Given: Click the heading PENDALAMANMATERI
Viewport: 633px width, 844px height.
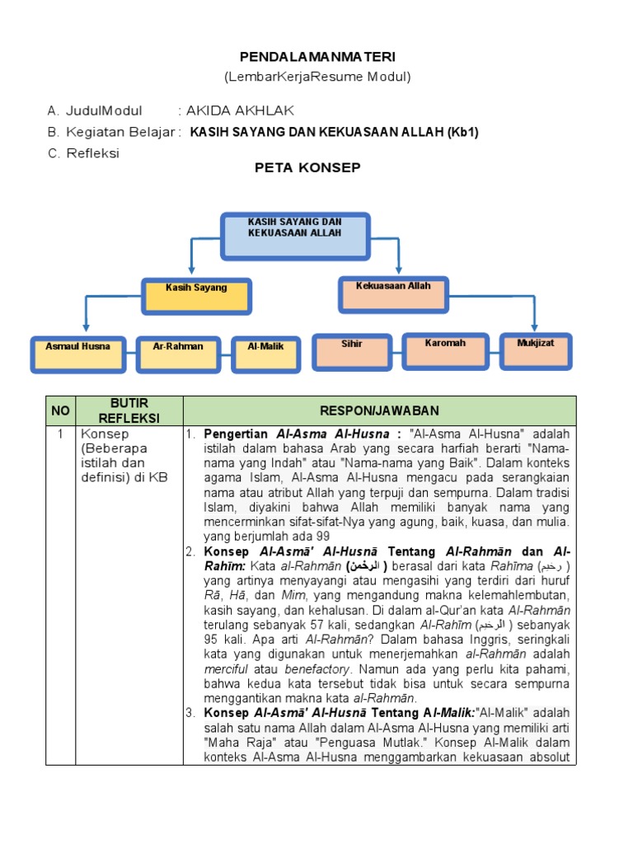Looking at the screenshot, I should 317,56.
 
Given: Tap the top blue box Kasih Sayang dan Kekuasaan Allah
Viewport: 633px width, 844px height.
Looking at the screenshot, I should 294,236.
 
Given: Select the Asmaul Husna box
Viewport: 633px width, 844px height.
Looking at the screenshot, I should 77,353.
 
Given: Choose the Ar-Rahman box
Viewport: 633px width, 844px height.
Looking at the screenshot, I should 178,353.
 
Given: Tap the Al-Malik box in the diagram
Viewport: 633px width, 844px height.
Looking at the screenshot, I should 265,353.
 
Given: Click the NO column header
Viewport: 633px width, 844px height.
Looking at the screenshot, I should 61,410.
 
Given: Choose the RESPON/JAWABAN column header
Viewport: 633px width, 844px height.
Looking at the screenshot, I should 380,410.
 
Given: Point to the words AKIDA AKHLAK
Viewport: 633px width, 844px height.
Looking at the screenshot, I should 240,110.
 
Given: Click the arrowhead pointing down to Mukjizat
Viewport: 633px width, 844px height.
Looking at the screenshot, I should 536,328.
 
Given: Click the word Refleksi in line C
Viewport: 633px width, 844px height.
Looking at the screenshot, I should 93,153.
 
